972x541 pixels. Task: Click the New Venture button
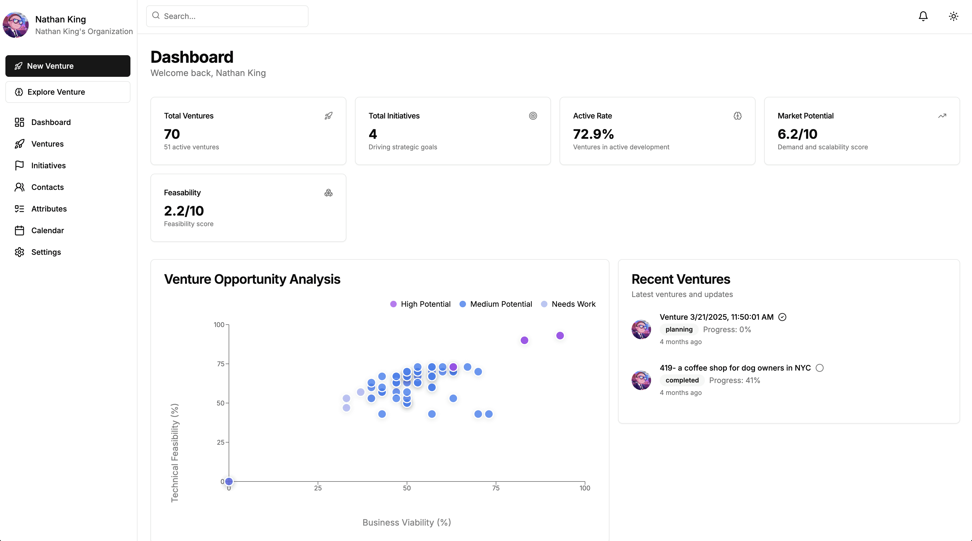point(68,66)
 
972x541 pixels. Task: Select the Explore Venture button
point(68,92)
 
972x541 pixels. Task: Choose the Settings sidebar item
point(46,252)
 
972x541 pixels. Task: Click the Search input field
point(227,16)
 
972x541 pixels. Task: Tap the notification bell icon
point(923,16)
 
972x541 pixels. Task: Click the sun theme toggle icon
point(954,16)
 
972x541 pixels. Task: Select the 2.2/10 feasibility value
point(184,211)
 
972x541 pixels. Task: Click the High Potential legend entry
point(420,304)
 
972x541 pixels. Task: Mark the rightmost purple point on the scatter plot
point(560,336)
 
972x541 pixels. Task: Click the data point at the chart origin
point(229,481)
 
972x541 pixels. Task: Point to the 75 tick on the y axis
point(220,364)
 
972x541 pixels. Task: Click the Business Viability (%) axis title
point(407,523)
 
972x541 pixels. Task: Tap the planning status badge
point(679,329)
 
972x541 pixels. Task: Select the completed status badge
point(682,380)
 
